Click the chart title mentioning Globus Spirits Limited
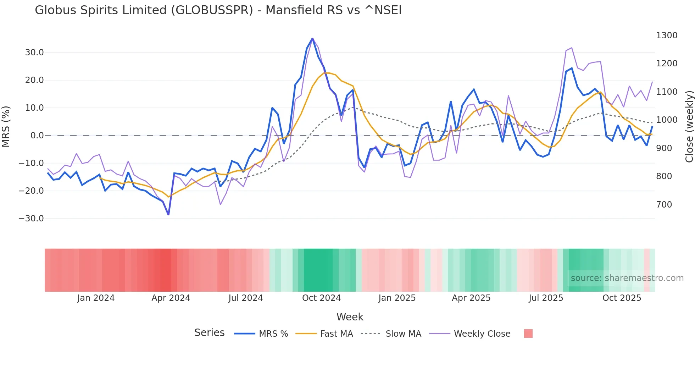tap(218, 10)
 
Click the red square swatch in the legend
tap(528, 334)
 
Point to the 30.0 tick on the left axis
tap(34, 53)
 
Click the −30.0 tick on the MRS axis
tap(31, 219)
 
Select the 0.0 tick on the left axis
tap(37, 136)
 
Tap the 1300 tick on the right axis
tap(667, 35)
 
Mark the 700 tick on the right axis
tap(664, 205)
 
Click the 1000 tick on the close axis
tap(667, 120)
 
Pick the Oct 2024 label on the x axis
tap(321, 298)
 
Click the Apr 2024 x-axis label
tap(171, 298)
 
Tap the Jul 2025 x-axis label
tap(546, 298)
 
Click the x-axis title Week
tap(350, 317)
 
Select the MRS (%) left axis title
tap(6, 127)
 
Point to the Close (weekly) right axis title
tap(689, 127)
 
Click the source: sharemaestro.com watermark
tap(627, 278)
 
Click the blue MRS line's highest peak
tap(312, 38)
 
